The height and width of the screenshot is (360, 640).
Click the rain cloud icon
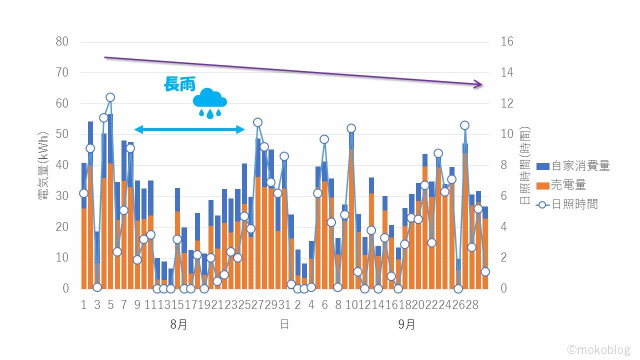coord(210,102)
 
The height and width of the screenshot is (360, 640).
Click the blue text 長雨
coord(179,84)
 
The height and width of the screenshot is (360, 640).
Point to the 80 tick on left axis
coord(62,41)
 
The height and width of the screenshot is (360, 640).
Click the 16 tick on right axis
coord(507,41)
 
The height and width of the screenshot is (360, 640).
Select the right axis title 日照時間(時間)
coord(525,165)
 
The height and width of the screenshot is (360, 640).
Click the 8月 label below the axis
coord(178,324)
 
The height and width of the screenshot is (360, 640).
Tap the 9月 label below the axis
coord(406,324)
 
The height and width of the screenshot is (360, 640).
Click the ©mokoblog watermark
coord(599,349)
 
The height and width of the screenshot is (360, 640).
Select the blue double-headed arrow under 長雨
coord(190,130)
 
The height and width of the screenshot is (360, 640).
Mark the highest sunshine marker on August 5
coord(110,97)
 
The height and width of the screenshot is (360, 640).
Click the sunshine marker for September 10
coord(351,128)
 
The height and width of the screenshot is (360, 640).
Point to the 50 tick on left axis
coord(62,134)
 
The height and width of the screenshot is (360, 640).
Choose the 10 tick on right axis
coord(507,134)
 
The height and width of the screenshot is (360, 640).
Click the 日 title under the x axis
coord(284,324)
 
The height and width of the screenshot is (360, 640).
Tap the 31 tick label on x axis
coord(284,305)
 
